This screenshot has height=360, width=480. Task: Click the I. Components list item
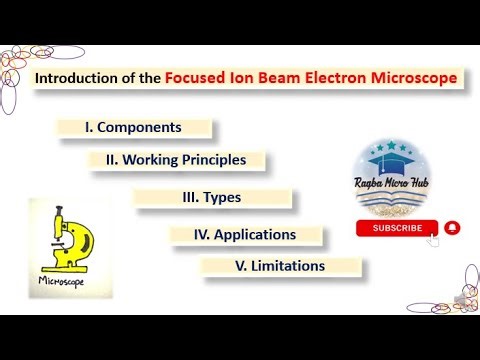pyautogui.click(x=134, y=128)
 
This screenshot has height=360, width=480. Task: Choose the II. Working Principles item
pyautogui.click(x=175, y=159)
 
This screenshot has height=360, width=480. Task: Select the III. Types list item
pyautogui.click(x=211, y=198)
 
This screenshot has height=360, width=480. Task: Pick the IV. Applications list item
pyautogui.click(x=246, y=235)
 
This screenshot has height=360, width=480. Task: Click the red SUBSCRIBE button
pyautogui.click(x=397, y=228)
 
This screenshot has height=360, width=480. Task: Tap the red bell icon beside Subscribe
pyautogui.click(x=452, y=228)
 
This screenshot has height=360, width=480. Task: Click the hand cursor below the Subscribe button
pyautogui.click(x=432, y=242)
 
